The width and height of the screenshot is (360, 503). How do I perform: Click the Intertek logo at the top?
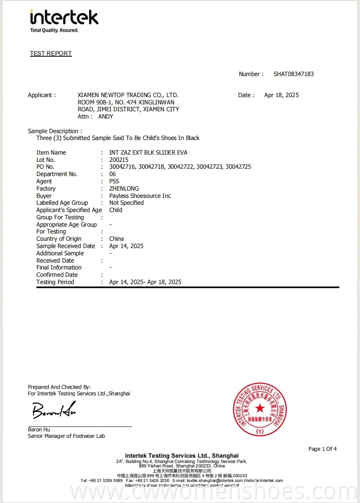coord(64,21)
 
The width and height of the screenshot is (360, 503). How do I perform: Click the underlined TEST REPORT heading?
coord(51,53)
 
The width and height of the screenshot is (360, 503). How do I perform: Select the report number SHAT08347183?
coord(294,74)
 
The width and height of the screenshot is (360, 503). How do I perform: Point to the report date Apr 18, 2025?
coord(281,95)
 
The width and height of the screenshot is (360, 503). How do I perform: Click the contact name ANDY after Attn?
coord(106,117)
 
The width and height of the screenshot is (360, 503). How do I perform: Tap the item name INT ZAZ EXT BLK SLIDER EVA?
coord(148,153)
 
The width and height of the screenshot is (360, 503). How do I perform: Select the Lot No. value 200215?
coord(119,160)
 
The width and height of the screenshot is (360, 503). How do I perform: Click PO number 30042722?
coord(181,167)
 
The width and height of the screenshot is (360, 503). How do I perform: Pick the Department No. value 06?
coord(113,174)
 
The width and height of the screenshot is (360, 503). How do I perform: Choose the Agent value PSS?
coord(114,181)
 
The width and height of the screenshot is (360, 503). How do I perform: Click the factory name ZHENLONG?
coord(124,189)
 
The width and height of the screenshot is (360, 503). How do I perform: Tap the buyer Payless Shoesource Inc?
coord(140,196)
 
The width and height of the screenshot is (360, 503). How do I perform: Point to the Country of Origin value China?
coord(117,239)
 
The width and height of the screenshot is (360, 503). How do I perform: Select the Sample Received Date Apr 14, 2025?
coord(126,246)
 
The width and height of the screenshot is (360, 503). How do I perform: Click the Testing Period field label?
coord(55,282)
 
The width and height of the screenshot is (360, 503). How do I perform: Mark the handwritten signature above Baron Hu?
coord(54,410)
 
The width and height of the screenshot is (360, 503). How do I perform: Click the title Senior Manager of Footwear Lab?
coord(66,436)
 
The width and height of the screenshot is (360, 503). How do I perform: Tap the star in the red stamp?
coord(260,408)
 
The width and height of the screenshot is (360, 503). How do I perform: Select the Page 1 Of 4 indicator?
coord(322,449)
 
